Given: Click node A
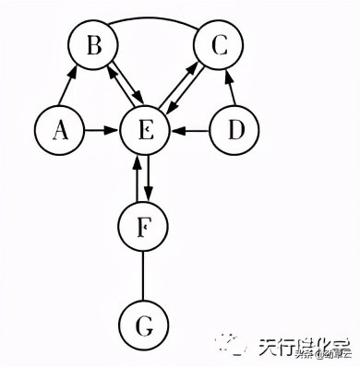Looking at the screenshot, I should coord(60,132).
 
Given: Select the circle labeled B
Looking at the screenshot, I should coord(95,46).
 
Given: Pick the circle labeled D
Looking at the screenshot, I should coord(236,132).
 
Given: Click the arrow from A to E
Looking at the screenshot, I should coord(102,132).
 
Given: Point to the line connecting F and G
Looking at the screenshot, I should coord(144,276).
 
